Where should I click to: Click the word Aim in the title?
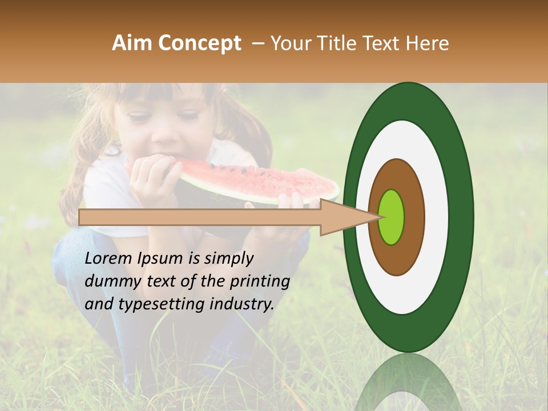tap(132, 44)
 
